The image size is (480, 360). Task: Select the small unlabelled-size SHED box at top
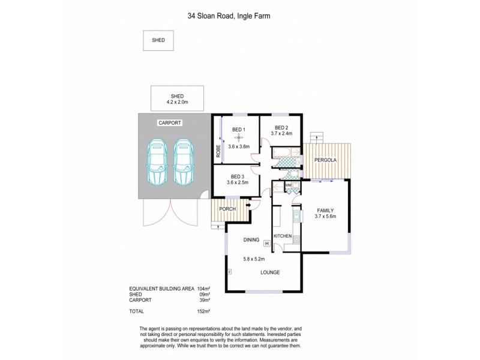click(158, 40)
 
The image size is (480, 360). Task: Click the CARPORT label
click(169, 122)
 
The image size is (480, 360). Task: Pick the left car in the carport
click(157, 163)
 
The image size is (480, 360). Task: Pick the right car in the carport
click(183, 163)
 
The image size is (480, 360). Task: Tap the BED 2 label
click(281, 127)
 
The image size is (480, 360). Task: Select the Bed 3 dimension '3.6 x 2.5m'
click(238, 182)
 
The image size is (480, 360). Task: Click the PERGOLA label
click(326, 161)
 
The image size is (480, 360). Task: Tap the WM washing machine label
click(288, 185)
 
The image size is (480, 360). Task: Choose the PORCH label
click(226, 209)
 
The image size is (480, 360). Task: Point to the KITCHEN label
click(283, 236)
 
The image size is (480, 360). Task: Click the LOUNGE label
click(270, 272)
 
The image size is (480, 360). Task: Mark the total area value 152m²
click(203, 311)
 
